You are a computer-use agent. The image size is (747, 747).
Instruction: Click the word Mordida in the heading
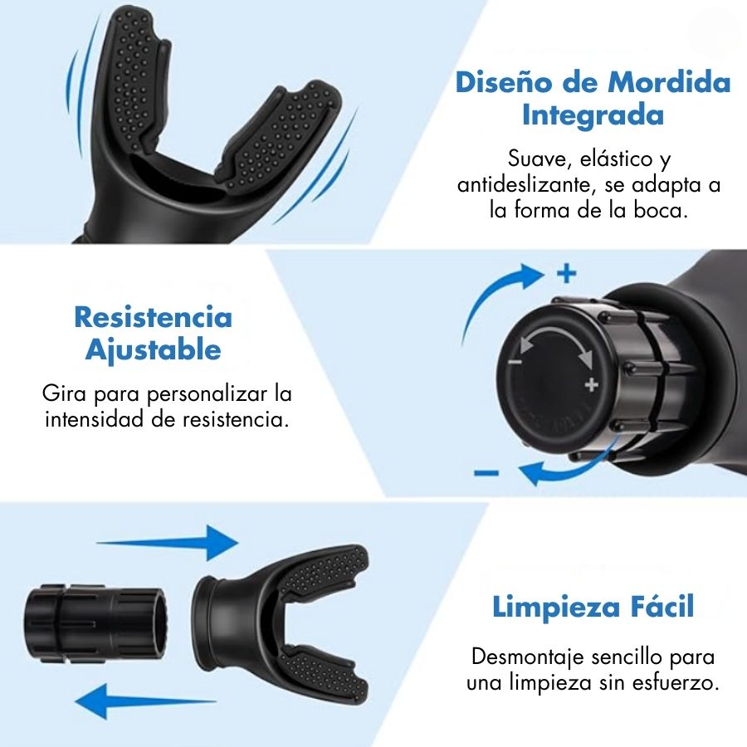(x=669, y=82)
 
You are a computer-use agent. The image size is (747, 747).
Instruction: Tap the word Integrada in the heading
(x=593, y=115)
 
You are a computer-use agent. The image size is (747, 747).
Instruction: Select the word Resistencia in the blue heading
(x=154, y=317)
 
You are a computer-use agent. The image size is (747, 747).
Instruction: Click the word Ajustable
(x=154, y=350)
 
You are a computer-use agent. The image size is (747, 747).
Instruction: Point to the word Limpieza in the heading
(x=556, y=608)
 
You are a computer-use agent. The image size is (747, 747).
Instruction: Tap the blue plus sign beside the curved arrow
(x=566, y=273)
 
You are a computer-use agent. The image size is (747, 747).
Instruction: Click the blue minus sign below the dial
(x=486, y=472)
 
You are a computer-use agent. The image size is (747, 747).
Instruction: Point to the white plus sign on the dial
(x=591, y=384)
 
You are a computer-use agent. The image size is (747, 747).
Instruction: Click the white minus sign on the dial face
(x=515, y=362)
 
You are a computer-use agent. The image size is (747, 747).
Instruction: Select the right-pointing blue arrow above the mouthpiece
(x=167, y=543)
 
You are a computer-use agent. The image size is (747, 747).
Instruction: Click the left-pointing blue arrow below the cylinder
(x=146, y=701)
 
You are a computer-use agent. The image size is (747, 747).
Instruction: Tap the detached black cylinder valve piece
(x=95, y=623)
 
